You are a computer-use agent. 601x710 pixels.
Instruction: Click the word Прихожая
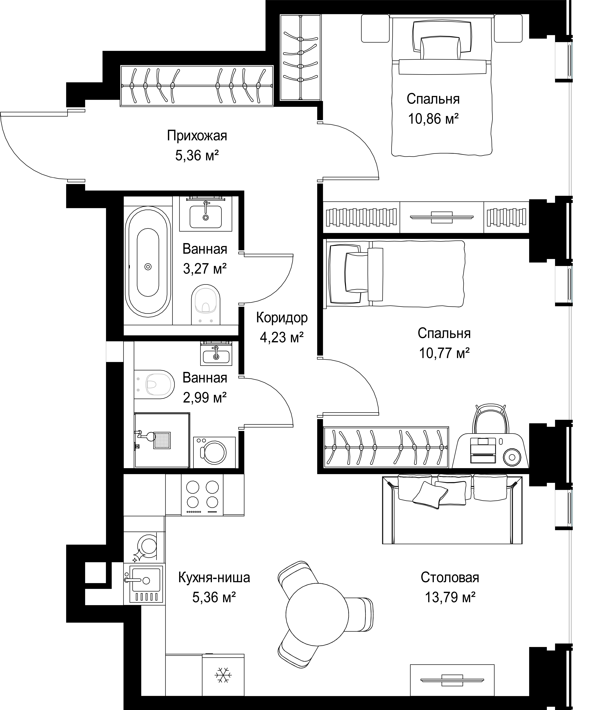(x=197, y=136)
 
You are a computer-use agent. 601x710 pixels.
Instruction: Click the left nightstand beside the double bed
(x=375, y=28)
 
